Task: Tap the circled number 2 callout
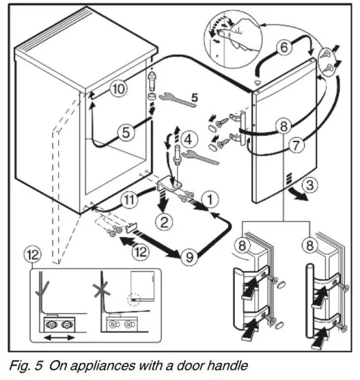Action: tap(164, 222)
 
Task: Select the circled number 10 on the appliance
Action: tap(119, 88)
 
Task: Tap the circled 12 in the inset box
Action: tap(36, 256)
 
